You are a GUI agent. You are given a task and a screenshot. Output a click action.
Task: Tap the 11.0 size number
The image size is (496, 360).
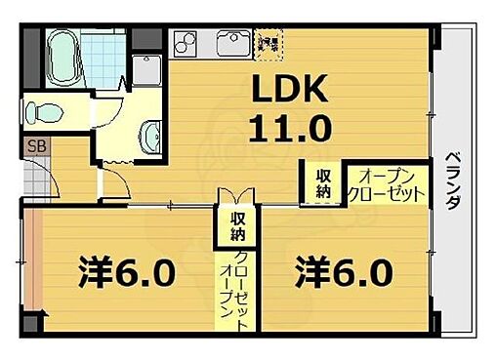pos(293,126)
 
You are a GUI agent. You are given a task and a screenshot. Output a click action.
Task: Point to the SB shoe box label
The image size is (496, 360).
pos(33,148)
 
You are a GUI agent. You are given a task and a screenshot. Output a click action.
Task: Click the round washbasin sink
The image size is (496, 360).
pos(153,134)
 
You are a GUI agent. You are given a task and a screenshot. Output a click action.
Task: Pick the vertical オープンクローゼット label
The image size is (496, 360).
pos(233,293)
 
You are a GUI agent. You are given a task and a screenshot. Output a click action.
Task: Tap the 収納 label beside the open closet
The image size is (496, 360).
pos(322,182)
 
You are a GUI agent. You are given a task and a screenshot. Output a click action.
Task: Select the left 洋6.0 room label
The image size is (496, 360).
pos(127,270)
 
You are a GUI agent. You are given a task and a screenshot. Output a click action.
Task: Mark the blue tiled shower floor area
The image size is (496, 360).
pos(101,49)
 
